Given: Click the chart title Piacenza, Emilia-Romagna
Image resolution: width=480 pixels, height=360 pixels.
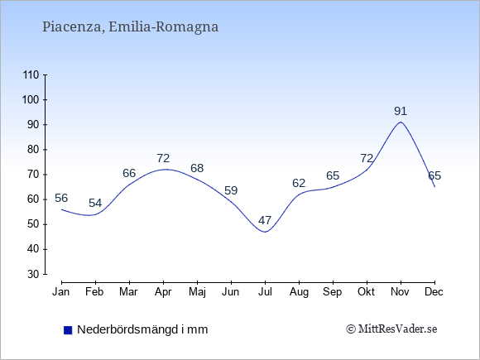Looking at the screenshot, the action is point(131,27).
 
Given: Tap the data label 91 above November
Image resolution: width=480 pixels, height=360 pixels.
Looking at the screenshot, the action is point(401,111).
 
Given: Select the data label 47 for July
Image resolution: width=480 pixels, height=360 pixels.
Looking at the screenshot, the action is point(265,220).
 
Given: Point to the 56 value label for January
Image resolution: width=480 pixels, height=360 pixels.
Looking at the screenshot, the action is point(61,198).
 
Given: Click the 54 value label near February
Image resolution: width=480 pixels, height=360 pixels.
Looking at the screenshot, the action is point(95,203).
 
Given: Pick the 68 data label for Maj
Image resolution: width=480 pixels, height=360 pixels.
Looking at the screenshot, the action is point(197,168).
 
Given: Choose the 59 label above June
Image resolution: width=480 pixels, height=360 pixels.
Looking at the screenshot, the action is point(231,190).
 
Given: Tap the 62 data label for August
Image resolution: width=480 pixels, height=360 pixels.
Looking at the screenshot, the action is point(299,183).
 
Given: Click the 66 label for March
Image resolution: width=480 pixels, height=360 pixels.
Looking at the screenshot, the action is point(129,173).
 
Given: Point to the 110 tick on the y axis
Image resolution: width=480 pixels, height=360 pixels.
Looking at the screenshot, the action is point(31,74).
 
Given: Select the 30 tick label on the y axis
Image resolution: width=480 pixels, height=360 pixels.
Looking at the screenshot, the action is point(33,274).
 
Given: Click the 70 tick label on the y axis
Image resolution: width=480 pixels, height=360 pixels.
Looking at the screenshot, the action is point(33,175).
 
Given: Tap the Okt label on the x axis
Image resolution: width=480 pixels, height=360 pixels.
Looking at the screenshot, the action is point(367,292).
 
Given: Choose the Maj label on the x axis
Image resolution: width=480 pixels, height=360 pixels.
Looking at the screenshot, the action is point(197,292).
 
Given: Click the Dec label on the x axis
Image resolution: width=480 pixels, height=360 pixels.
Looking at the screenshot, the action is point(434,292).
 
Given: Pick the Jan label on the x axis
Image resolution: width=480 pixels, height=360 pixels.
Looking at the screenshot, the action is point(61,292).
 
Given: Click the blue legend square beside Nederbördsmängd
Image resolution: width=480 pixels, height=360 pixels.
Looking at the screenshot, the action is point(68,330).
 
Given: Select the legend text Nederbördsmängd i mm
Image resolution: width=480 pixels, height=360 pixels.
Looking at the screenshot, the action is point(142,329).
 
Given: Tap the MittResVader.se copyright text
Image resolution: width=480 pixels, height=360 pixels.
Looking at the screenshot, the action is point(391,329).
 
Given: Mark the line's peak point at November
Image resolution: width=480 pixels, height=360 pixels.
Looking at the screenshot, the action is point(401,122).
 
